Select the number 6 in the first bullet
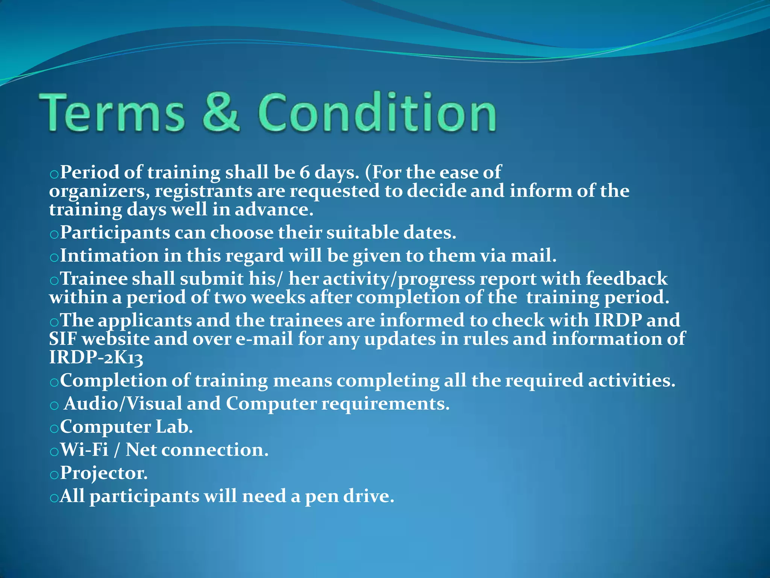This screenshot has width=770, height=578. pyautogui.click(x=304, y=173)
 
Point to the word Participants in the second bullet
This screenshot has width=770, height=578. pyautogui.click(x=115, y=233)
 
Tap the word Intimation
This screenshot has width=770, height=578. pyautogui.click(x=109, y=256)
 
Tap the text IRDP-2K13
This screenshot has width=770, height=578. pyautogui.click(x=96, y=357)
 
